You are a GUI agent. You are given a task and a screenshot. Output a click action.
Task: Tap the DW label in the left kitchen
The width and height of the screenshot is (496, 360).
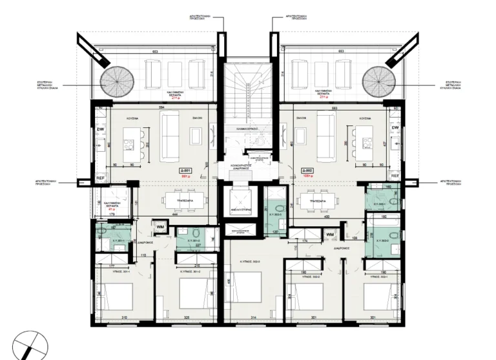click(x=101, y=130)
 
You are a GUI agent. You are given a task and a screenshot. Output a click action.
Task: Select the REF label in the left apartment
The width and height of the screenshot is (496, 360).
click(x=100, y=176)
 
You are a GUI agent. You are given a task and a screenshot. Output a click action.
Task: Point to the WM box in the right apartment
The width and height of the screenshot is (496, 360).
click(x=330, y=234)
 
